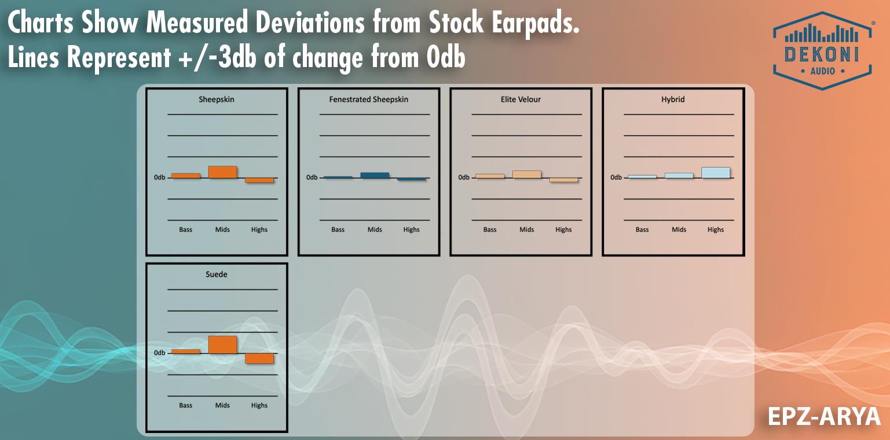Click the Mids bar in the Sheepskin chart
tap(223, 172)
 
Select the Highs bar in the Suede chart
tap(259, 358)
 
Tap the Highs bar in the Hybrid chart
tap(716, 172)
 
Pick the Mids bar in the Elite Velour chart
tap(527, 174)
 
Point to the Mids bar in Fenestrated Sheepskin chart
tap(375, 175)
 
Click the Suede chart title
tap(217, 274)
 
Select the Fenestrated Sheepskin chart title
tap(369, 99)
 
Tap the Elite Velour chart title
tap(521, 99)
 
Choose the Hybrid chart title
tap(673, 99)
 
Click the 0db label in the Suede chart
tap(160, 353)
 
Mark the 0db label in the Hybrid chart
tap(616, 178)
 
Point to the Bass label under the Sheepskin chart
tap(186, 230)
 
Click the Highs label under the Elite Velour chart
tap(563, 230)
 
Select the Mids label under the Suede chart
tap(223, 405)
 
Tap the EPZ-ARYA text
tap(824, 416)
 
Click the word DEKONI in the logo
tap(821, 54)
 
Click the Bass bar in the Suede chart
tap(186, 351)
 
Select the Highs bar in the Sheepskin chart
tap(259, 180)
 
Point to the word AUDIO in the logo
tap(822, 71)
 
